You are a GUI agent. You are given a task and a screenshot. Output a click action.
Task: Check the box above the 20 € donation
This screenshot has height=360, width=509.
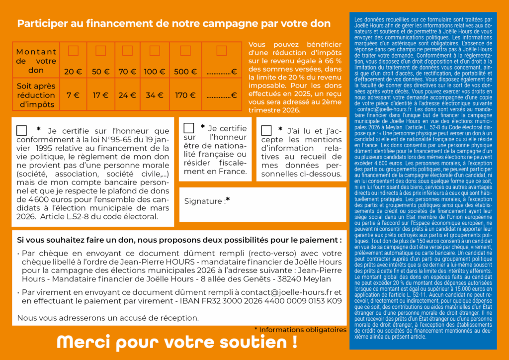point(73,51)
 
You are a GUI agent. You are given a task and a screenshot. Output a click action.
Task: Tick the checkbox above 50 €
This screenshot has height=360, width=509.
point(100,51)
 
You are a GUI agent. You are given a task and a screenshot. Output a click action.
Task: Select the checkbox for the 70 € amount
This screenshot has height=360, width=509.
point(127,51)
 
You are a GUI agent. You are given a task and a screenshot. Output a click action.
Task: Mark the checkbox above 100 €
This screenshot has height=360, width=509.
point(155,51)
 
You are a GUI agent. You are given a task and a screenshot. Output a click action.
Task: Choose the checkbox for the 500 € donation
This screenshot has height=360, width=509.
point(185,51)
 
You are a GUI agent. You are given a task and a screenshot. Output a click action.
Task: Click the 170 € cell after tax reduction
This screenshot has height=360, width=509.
point(185,95)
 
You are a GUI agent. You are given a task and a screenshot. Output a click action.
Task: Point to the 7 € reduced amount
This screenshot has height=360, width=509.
point(73,95)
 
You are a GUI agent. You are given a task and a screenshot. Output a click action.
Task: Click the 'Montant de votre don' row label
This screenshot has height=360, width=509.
point(36,61)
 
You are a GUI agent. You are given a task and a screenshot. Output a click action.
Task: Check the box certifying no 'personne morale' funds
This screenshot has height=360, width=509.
point(21,130)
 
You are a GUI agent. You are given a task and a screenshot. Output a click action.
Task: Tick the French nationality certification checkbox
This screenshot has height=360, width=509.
point(189,128)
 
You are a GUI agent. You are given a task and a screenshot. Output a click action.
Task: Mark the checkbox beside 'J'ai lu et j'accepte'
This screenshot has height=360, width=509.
point(266,130)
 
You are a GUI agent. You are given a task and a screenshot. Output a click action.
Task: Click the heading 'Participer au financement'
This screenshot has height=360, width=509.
point(173,23)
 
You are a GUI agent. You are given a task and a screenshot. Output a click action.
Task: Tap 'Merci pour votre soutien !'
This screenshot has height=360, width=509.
point(177,342)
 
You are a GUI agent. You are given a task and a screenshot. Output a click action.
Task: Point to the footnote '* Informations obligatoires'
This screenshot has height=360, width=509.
point(300,330)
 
